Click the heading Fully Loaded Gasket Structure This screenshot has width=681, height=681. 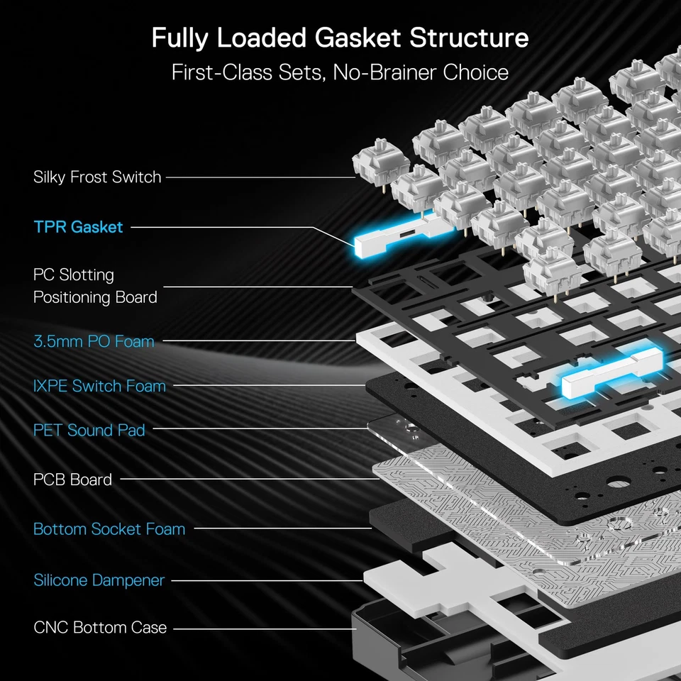340,38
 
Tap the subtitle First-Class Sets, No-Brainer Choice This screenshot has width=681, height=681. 340,72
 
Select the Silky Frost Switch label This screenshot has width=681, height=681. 97,177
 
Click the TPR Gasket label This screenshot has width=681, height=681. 78,227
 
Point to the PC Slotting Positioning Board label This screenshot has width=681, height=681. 95,285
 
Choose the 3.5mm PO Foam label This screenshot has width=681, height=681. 94,341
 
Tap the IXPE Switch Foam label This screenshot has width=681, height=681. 99,386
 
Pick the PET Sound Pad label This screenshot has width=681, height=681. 89,430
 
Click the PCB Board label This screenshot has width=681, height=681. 72,480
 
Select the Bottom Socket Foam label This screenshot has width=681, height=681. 109,529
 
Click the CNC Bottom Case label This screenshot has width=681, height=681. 100,627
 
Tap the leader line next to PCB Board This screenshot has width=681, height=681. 248,480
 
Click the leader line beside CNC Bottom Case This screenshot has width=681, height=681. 262,628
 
